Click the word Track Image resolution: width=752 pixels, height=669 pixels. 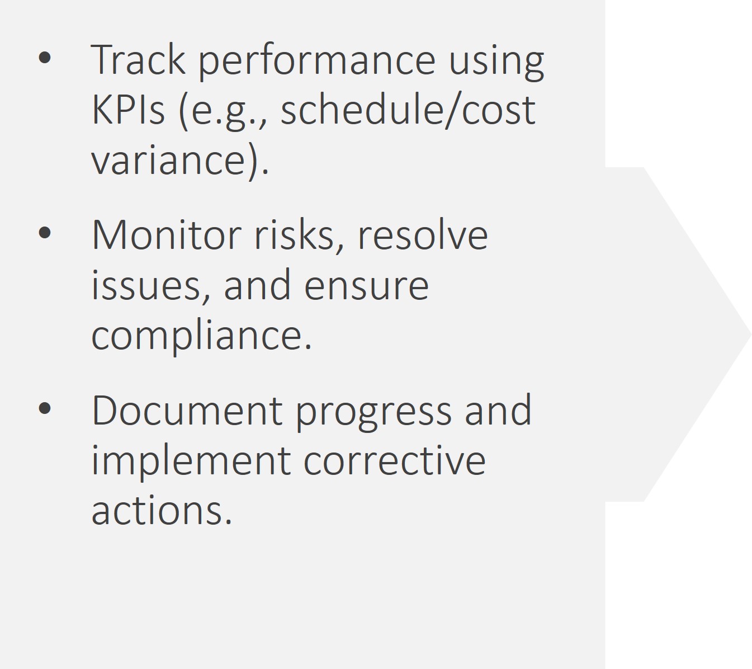point(138,59)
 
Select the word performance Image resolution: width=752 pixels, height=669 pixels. point(317,62)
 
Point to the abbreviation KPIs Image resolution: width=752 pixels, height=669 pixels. point(127,110)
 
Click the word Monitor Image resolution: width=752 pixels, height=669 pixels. point(167,234)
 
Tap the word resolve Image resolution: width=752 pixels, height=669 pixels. point(422,234)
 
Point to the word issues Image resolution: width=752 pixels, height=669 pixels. point(150,286)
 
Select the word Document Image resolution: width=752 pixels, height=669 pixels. point(187,411)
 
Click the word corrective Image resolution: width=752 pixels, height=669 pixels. point(395,460)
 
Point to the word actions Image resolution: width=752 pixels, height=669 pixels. point(162,511)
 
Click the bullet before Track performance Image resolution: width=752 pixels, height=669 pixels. point(45,58)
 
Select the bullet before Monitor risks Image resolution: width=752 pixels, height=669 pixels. point(45,233)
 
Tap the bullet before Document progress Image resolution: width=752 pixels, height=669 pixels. point(45,408)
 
